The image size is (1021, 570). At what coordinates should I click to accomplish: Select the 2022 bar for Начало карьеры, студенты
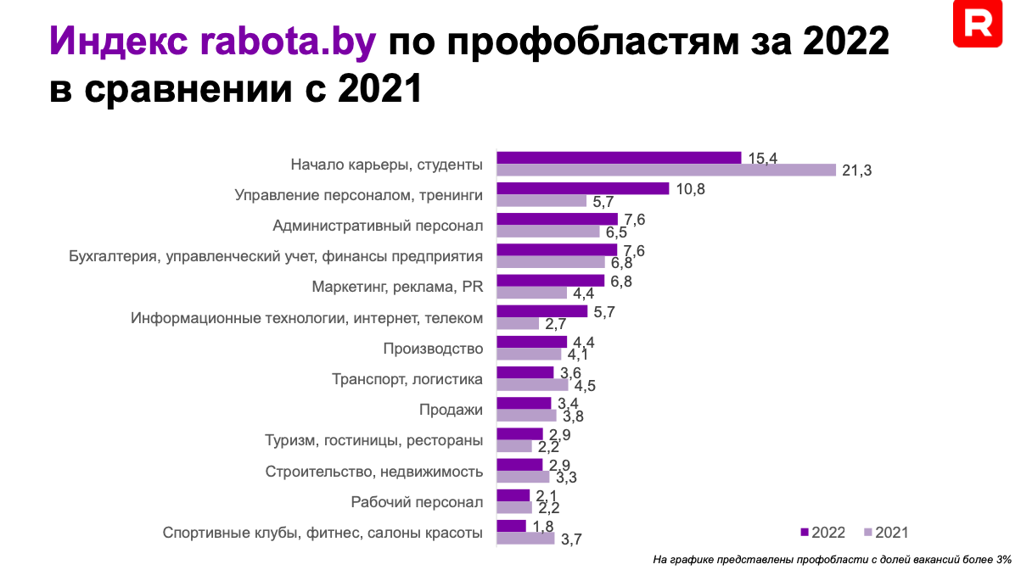pos(619,158)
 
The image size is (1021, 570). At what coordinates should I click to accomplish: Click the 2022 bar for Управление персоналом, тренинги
pos(583,188)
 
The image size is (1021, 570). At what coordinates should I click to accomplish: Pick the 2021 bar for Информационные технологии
pos(518,323)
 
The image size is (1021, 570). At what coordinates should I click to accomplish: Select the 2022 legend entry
pos(823,532)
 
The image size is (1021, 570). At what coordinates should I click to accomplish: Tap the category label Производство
pos(433,349)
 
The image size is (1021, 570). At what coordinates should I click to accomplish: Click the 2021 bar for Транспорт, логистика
pos(532,384)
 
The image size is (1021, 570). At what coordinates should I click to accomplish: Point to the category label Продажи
pos(451,410)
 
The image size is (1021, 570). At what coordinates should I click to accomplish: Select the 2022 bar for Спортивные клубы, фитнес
pos(511,526)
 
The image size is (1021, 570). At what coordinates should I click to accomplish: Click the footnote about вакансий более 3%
pos(832,558)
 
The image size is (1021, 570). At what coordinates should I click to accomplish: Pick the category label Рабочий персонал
pos(417,502)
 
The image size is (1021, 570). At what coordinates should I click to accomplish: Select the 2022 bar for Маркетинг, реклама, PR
pos(550,281)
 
